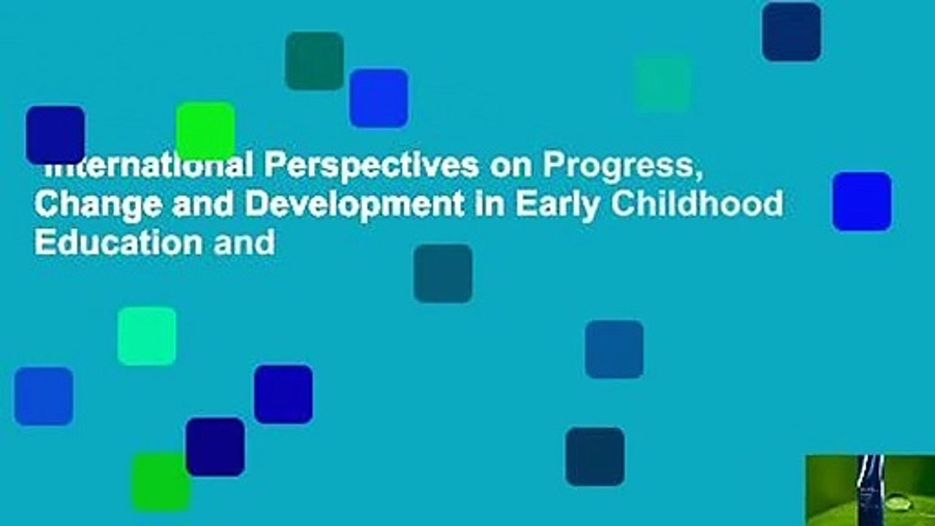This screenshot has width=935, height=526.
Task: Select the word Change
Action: [x=89, y=204]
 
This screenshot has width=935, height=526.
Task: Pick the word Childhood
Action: [x=697, y=204]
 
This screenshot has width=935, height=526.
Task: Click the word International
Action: [x=146, y=167]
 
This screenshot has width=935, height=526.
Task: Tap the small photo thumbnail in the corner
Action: [x=870, y=490]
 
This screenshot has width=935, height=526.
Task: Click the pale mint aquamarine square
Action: [x=147, y=336]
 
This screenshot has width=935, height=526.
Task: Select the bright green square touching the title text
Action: [x=205, y=130]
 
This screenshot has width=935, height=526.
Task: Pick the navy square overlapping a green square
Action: [x=215, y=446]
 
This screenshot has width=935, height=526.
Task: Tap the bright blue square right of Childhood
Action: [x=862, y=202]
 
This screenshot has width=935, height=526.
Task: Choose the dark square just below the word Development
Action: [x=443, y=273]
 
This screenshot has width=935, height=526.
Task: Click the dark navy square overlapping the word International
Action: [x=56, y=134]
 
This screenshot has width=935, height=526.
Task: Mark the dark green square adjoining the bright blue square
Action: [x=314, y=61]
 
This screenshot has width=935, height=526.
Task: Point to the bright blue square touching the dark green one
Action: [x=378, y=98]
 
